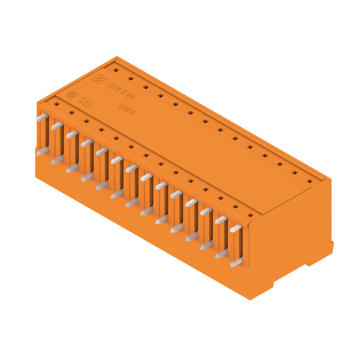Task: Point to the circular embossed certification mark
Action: click(71, 95)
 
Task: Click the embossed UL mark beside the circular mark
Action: click(85, 101)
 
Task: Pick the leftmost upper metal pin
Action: click(42, 117)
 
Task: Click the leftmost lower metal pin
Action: click(42, 152)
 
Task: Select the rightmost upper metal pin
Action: click(236, 229)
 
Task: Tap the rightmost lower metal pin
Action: click(236, 262)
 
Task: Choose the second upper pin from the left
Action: click(57, 126)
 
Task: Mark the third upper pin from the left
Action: click(72, 134)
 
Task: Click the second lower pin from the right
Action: click(221, 254)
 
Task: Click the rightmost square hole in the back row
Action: click(310, 181)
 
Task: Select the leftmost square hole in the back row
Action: click(115, 70)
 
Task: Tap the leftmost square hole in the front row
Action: click(56, 104)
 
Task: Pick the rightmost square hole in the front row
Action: click(250, 215)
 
